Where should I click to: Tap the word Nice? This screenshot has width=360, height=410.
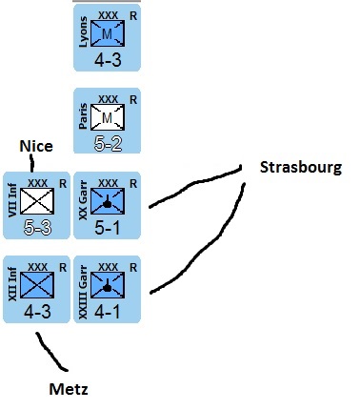pos(36,146)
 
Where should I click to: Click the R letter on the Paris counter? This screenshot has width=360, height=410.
pos(133,99)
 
